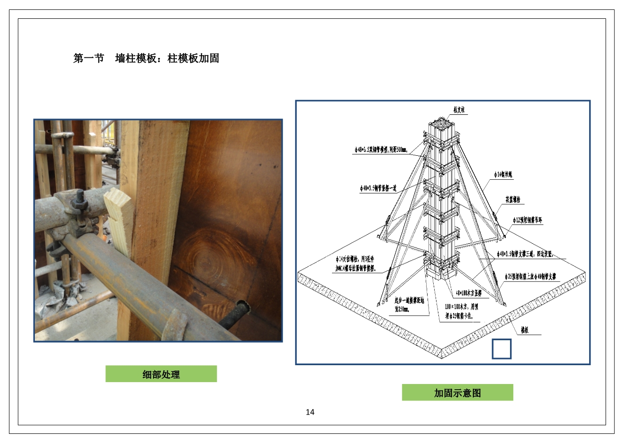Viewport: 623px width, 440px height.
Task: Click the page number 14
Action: [x=310, y=412]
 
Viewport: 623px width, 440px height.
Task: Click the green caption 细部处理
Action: [x=161, y=375]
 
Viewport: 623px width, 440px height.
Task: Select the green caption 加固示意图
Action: [x=457, y=393]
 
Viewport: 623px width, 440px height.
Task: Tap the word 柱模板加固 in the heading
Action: [x=194, y=58]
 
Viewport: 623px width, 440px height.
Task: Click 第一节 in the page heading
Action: [x=89, y=58]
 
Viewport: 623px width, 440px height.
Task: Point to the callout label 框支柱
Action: [x=459, y=110]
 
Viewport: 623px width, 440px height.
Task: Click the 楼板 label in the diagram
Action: [x=524, y=330]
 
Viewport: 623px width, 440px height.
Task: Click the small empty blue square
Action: [x=502, y=349]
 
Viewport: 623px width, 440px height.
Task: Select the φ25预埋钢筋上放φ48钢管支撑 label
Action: [x=530, y=277]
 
